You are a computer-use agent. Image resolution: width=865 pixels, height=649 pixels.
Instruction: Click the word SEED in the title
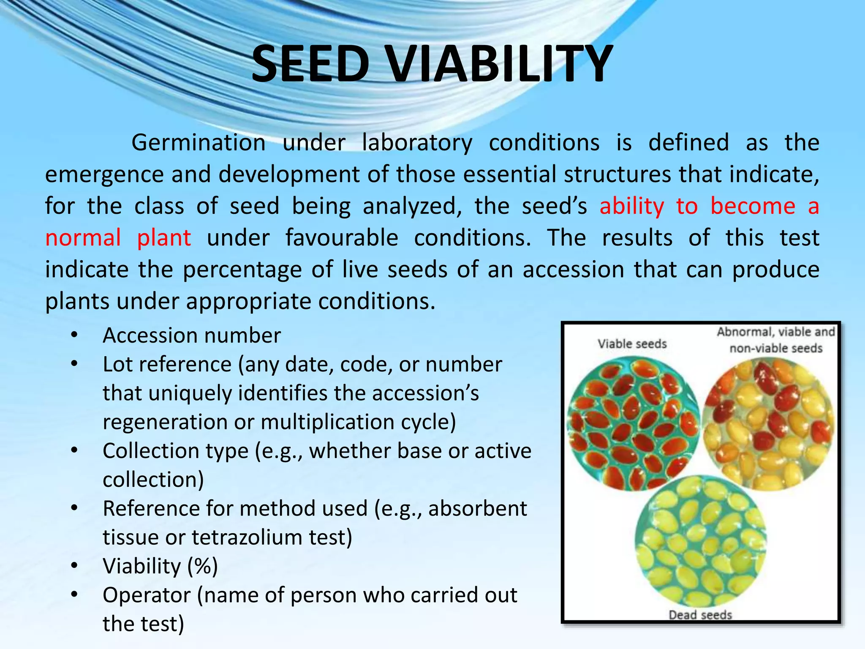click(x=310, y=65)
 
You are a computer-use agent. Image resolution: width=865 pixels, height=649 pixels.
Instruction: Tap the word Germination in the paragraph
click(x=198, y=143)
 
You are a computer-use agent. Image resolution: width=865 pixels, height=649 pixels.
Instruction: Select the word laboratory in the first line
click(x=417, y=143)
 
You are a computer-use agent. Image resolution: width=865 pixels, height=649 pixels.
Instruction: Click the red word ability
click(x=632, y=206)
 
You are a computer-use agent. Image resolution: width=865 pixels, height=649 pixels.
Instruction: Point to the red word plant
click(x=164, y=238)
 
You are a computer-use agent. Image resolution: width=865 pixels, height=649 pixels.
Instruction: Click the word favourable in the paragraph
click(x=342, y=238)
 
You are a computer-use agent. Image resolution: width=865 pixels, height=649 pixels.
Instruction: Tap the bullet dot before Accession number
click(x=74, y=335)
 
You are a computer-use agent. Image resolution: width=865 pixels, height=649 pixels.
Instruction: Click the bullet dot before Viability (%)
click(x=74, y=566)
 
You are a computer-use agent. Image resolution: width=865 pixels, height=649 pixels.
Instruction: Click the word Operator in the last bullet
click(x=147, y=595)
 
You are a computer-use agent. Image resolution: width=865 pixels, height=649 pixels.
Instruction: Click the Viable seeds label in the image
click(x=632, y=344)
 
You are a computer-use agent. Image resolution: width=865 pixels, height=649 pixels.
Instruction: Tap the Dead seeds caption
click(x=700, y=615)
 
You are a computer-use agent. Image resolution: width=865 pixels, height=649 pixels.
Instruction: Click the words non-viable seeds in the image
click(x=776, y=348)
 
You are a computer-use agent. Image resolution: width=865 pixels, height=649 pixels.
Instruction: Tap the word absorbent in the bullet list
click(x=477, y=508)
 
